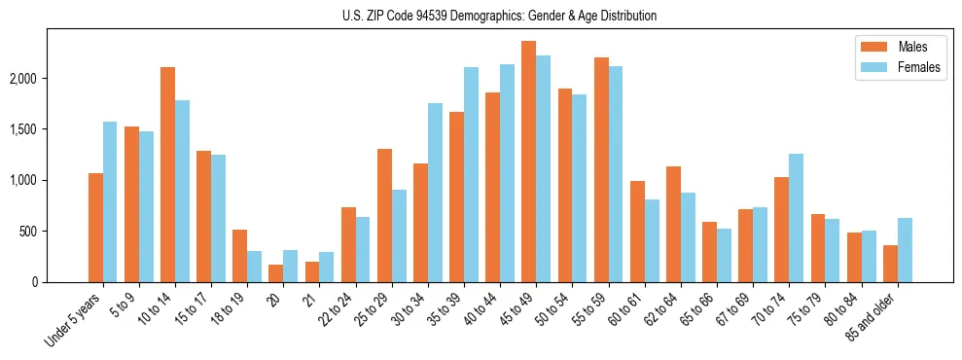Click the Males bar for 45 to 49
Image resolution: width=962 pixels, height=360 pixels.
pyautogui.click(x=528, y=162)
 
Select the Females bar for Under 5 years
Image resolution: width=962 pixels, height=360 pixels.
pyautogui.click(x=110, y=201)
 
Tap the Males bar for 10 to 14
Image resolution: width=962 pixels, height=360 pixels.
pyautogui.click(x=167, y=174)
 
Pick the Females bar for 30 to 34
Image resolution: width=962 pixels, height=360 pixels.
pyautogui.click(x=435, y=193)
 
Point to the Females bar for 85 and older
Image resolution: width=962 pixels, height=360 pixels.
pyautogui.click(x=905, y=250)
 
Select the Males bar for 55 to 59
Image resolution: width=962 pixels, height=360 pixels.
pyautogui.click(x=600, y=169)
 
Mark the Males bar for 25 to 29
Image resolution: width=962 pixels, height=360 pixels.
pyautogui.click(x=384, y=215)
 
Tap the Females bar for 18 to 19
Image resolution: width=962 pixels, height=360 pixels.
pyautogui.click(x=254, y=267)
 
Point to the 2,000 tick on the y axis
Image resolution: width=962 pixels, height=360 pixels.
pyautogui.click(x=48, y=78)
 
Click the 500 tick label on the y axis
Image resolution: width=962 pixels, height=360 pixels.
pyautogui.click(x=54, y=232)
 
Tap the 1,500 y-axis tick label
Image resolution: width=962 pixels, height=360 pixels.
pyautogui.click(x=48, y=129)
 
